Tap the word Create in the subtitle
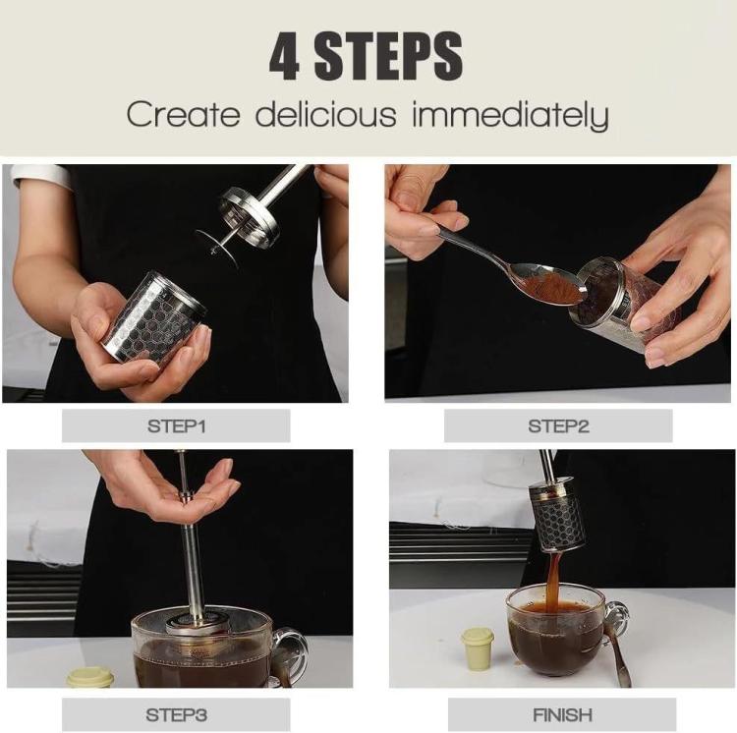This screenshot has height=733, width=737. [x=183, y=115]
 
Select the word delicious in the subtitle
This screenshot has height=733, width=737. [x=326, y=115]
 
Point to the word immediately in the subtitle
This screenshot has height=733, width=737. [x=509, y=115]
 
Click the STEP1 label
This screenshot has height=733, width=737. [x=176, y=425]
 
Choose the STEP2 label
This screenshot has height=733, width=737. [x=558, y=425]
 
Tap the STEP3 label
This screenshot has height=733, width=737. [x=176, y=714]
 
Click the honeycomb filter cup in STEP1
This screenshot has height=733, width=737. [x=153, y=319]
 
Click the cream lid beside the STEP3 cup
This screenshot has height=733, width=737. [x=90, y=677]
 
